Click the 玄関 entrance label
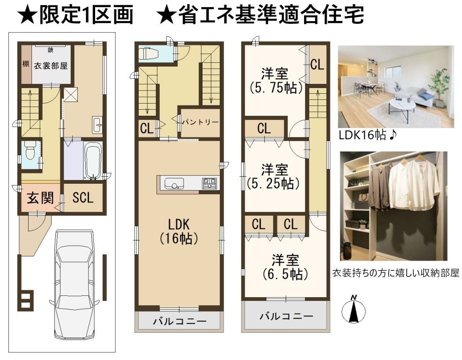pyautogui.click(x=40, y=197)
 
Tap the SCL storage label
pyautogui.click(x=83, y=197)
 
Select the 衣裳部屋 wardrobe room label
pyautogui.click(x=51, y=66)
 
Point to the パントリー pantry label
pyautogui.click(x=200, y=122)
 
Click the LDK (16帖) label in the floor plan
pyautogui.click(x=179, y=231)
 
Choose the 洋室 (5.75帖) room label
pyautogui.click(x=276, y=81)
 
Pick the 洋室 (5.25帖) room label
pyautogui.click(x=274, y=177)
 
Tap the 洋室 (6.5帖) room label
pyautogui.click(x=285, y=267)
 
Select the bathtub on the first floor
pyautogui.click(x=93, y=160)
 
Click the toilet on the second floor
pyautogui.click(x=149, y=53)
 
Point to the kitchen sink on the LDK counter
pyautogui.click(x=174, y=183)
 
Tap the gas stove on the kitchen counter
pyautogui.click(x=209, y=183)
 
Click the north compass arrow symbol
pyautogui.click(x=354, y=309)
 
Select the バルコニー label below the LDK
pyautogui.click(x=179, y=321)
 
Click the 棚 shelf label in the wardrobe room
pyautogui.click(x=26, y=63)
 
